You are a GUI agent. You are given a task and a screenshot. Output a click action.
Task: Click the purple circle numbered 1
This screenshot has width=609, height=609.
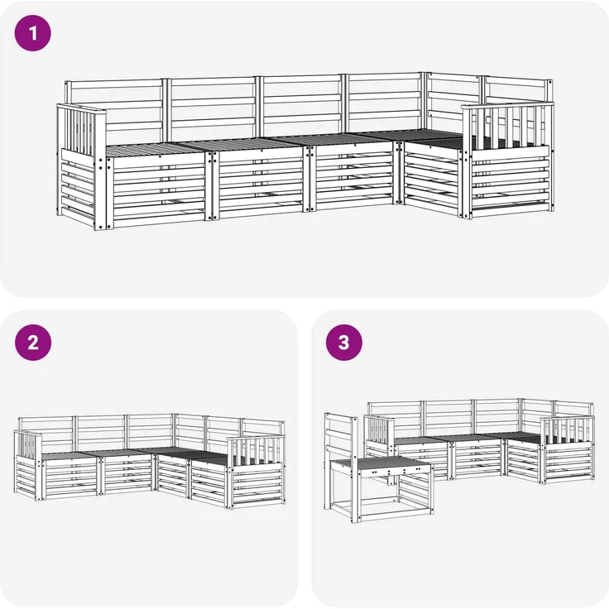32,33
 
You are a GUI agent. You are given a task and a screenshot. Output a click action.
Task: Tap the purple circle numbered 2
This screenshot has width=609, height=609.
33,343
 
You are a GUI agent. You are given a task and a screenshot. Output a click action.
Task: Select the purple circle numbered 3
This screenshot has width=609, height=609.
344,343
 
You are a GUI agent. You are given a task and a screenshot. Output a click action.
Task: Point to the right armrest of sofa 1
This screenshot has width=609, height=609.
508,127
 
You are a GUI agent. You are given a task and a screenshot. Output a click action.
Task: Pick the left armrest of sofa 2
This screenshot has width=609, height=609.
28,444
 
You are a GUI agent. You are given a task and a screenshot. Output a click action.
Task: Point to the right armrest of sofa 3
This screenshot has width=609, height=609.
566,429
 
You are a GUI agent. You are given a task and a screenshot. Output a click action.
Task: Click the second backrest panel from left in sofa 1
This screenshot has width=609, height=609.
213,108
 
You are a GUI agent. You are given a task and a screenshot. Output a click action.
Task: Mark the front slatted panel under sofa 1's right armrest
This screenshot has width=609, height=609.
510,181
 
